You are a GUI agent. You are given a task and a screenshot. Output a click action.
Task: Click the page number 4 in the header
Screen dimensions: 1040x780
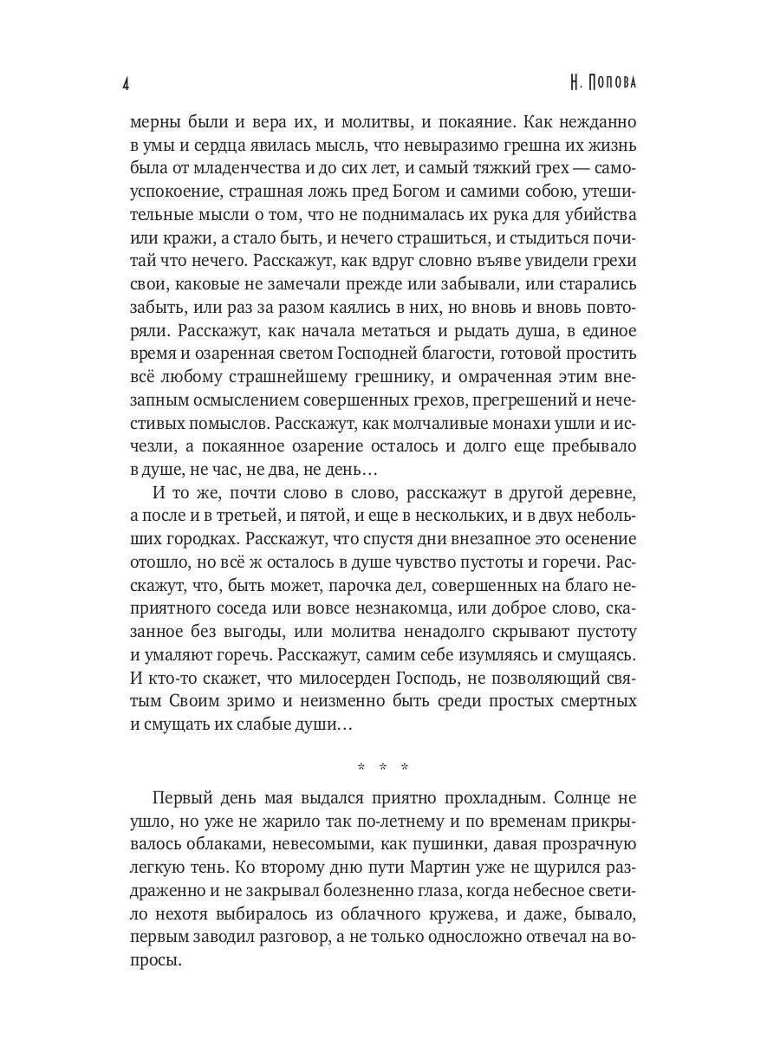tap(127, 84)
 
